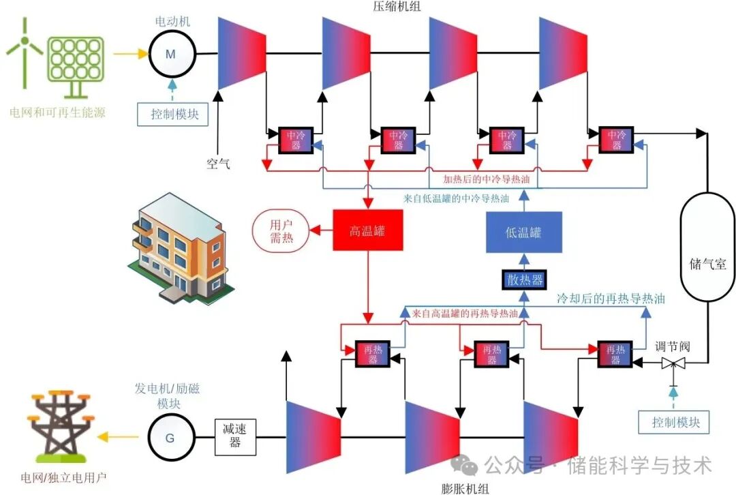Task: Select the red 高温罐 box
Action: (367, 231)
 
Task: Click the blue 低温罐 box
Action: (523, 232)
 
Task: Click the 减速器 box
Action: (236, 437)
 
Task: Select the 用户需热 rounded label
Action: (281, 230)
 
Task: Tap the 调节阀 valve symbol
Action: (673, 364)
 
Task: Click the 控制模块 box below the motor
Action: (174, 114)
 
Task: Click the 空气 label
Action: (218, 164)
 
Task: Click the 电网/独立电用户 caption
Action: (63, 477)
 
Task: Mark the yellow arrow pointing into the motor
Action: (130, 54)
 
